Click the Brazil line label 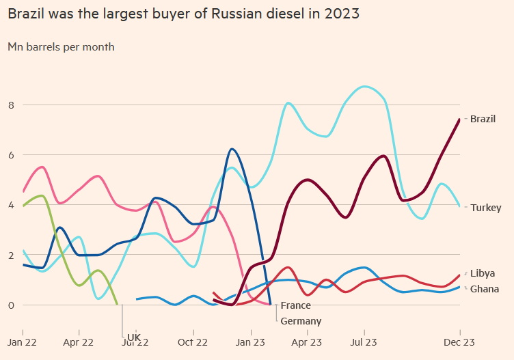coord(483,119)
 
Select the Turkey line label coord(485,208)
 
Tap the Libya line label coord(483,273)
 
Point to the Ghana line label coord(484,289)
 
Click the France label coord(295,305)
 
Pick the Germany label coord(300,321)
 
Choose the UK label coord(133,337)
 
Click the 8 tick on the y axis coord(10,105)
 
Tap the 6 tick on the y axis coord(10,155)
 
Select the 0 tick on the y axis coord(10,305)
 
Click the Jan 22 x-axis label coord(23,342)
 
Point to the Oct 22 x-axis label coord(193,342)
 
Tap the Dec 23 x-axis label coord(459,342)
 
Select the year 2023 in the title coord(342,14)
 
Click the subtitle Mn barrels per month coord(61,47)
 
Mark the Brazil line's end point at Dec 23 coord(459,120)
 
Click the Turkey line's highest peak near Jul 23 coord(366,87)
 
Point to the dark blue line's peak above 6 coord(232,149)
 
